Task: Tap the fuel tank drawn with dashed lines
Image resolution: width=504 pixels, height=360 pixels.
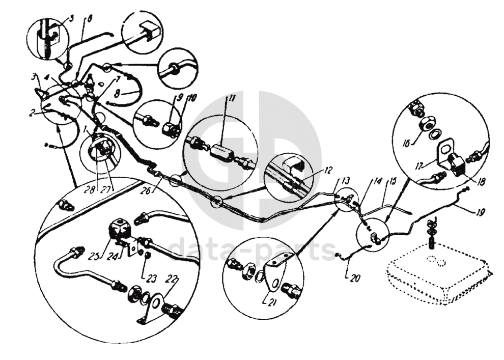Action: click(438, 275)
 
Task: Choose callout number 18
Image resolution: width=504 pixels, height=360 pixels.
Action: click(466, 179)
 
